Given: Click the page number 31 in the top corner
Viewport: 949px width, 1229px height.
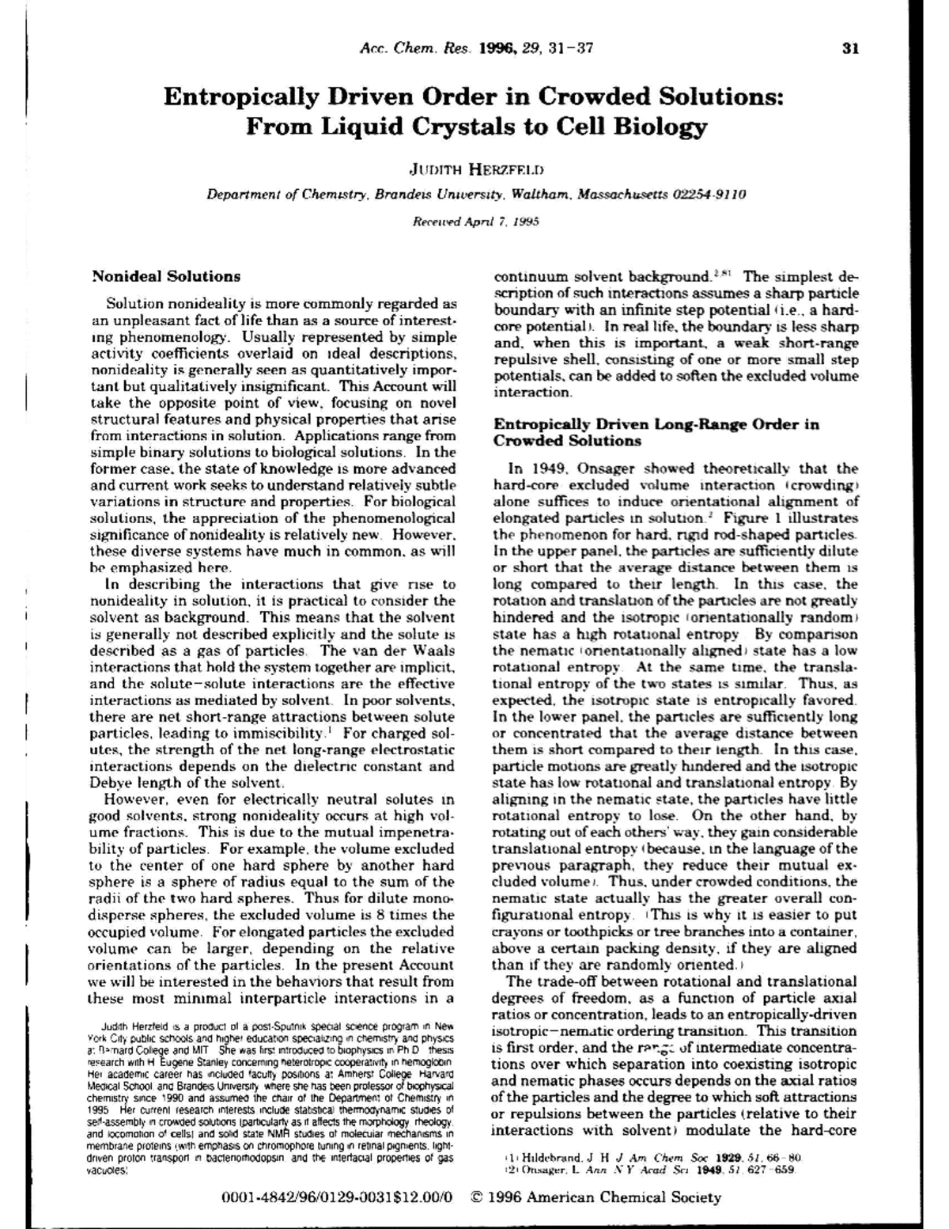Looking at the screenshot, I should pos(850,48).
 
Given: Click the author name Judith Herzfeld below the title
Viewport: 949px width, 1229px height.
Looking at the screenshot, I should pos(476,169).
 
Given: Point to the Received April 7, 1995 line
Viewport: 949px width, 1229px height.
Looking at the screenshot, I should pos(476,222).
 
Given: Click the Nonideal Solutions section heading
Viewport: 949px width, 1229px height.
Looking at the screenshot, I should pos(166,276).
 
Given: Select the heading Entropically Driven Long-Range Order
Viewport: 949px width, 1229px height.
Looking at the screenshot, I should pos(656,424).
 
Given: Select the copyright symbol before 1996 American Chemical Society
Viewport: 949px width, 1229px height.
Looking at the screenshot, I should pos(476,1197).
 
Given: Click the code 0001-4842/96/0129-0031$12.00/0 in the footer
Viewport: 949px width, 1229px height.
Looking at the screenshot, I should pos(338,1197).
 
